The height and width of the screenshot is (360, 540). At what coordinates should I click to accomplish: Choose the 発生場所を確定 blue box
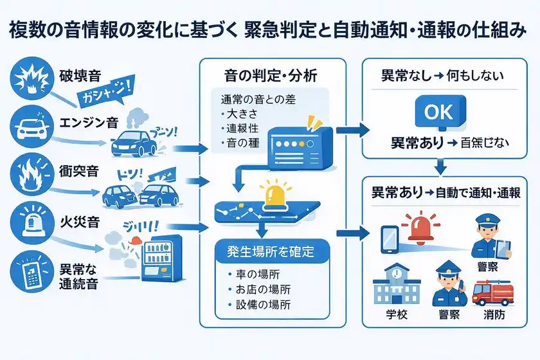[x=272, y=251]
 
